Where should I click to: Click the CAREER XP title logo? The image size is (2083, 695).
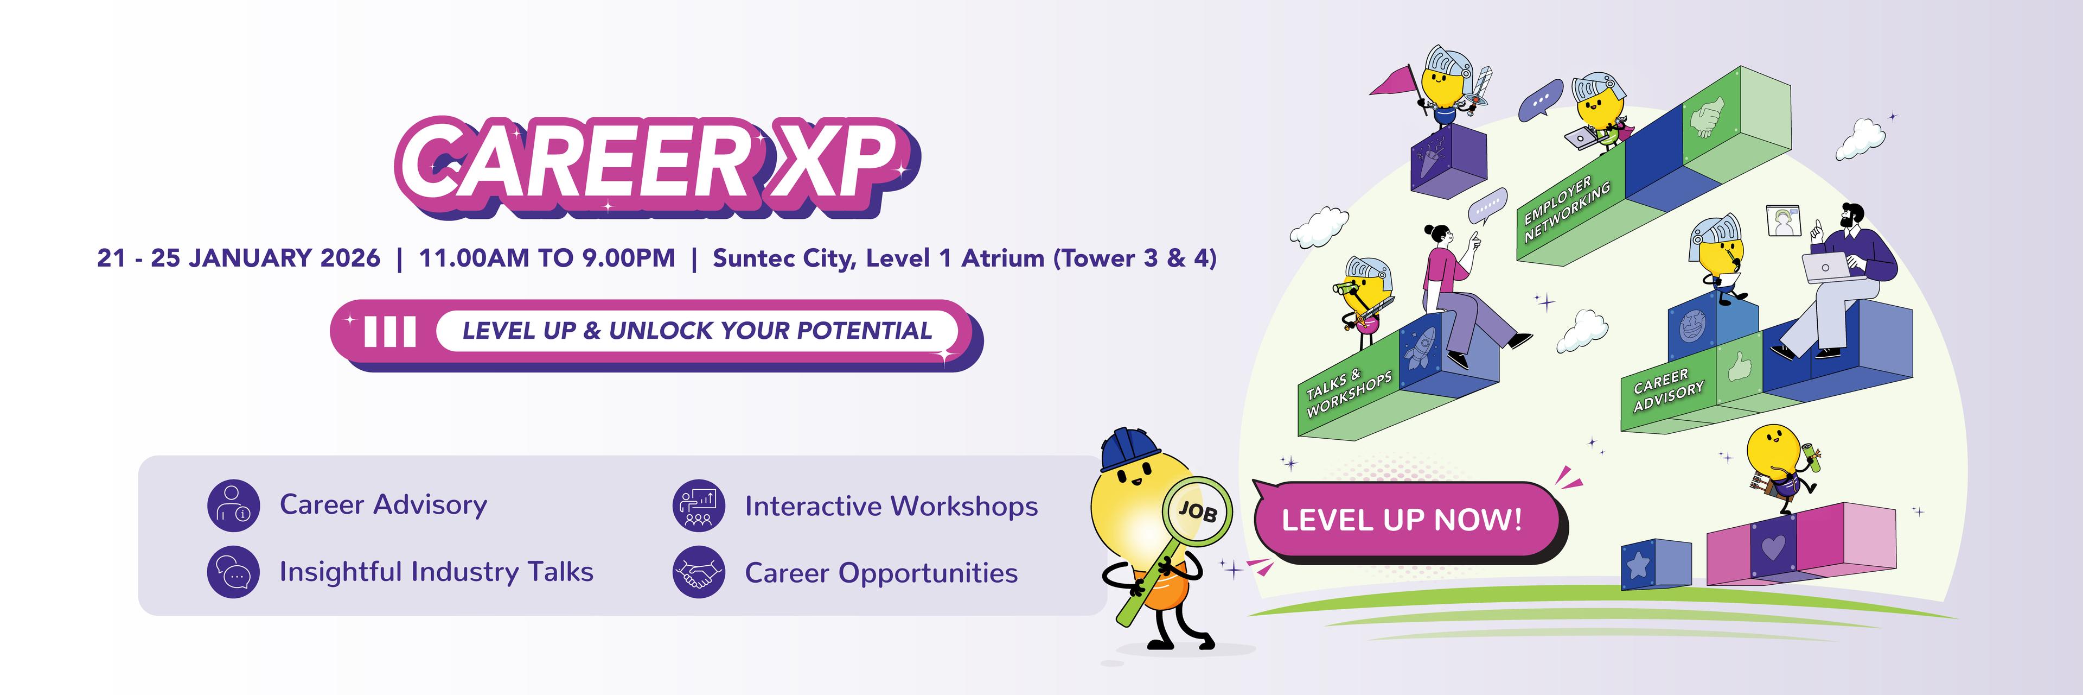[656, 166]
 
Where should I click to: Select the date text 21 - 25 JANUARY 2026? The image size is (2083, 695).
[239, 258]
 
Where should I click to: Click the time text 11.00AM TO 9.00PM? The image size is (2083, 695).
[547, 258]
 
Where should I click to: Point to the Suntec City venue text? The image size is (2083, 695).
[964, 258]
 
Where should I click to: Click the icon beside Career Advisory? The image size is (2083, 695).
[234, 506]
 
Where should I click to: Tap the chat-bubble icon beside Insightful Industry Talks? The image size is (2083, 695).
[234, 572]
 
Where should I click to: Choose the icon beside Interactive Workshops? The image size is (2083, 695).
[699, 506]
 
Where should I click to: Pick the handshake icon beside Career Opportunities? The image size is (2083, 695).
[699, 572]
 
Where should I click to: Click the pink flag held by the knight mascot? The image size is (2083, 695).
[1392, 81]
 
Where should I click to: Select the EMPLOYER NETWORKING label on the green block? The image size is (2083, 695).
[1566, 208]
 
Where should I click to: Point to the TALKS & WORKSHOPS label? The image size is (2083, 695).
[1349, 393]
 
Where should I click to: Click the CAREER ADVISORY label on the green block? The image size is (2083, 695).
[1667, 390]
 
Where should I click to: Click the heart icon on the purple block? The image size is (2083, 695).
[1773, 548]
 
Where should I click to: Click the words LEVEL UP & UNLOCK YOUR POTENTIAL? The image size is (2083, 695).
[697, 331]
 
